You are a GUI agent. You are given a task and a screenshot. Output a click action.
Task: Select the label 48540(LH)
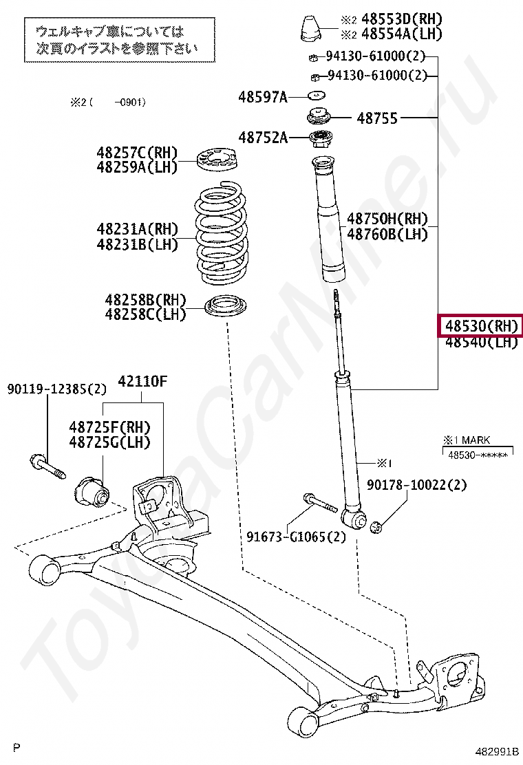coord(480,342)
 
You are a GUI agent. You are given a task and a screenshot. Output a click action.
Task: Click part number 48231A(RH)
coord(137,229)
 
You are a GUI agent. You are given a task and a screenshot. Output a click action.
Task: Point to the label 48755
coord(377,118)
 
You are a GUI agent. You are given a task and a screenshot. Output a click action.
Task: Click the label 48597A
coord(263,97)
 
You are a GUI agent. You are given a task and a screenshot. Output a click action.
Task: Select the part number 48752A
coord(263,138)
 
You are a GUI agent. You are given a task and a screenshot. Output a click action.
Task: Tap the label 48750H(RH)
coord(387,219)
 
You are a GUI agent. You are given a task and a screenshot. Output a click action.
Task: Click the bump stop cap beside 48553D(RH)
coord(310,28)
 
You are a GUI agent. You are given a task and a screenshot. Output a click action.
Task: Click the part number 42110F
coord(142,380)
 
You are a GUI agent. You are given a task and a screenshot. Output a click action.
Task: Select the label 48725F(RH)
coord(109,427)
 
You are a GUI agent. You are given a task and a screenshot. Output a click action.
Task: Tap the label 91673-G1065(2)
coord(296,537)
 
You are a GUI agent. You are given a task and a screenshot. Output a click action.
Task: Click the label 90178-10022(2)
coord(416,485)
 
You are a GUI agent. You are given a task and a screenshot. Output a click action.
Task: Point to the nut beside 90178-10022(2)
coord(376,528)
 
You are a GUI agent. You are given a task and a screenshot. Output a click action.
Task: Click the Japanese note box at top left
coord(116,39)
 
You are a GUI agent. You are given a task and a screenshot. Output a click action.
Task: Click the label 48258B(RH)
coord(145,300)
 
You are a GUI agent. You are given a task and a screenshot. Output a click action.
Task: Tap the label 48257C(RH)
coord(137,152)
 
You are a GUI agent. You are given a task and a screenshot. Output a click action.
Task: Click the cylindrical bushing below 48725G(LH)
coord(91,489)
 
